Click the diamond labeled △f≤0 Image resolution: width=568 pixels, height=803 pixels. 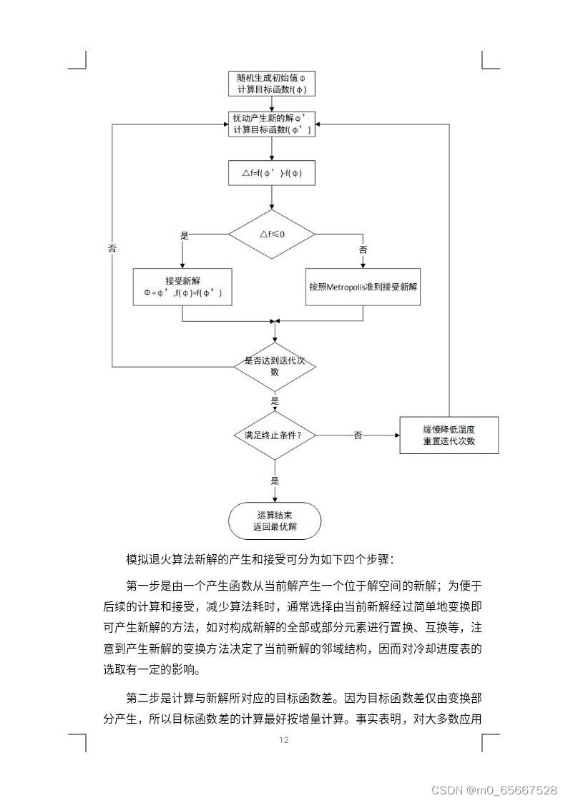tap(272, 234)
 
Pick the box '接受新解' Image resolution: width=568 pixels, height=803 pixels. tap(183, 287)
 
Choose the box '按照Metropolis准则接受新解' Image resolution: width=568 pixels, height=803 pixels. tap(363, 287)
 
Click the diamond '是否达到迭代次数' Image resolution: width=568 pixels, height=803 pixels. tap(275, 366)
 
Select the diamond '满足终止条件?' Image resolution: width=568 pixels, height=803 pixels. tap(275, 435)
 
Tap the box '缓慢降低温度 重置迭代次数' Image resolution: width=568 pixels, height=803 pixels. tap(449, 435)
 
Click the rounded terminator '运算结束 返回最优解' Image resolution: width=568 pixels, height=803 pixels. tap(275, 521)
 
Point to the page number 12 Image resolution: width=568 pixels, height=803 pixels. tap(284, 740)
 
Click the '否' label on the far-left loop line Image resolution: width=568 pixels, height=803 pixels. tap(112, 248)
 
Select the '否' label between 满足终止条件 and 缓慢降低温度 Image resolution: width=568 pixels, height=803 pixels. tap(358, 435)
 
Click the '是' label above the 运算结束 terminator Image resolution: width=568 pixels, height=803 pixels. tap(275, 481)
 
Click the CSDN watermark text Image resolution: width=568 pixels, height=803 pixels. tap(494, 789)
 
